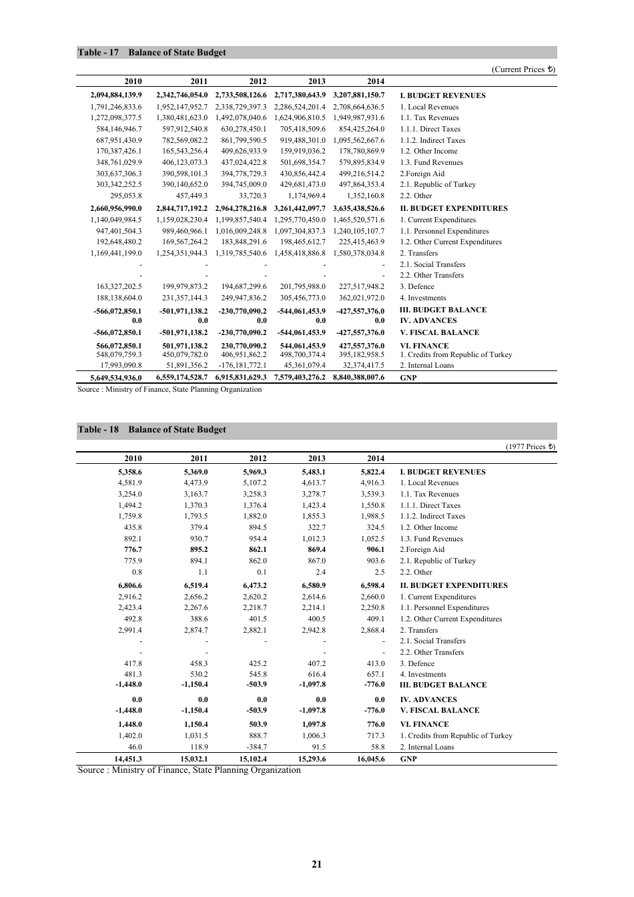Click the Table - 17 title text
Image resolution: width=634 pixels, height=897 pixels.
(151, 53)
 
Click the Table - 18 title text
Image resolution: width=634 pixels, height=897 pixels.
(151, 430)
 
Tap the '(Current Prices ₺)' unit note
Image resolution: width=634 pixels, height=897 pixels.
(523, 69)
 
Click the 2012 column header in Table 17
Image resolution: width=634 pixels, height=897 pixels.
(258, 81)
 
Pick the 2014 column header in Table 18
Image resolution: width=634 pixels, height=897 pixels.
(376, 459)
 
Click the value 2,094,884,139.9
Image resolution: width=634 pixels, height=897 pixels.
(116, 95)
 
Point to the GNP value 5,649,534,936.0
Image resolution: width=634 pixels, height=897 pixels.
(116, 378)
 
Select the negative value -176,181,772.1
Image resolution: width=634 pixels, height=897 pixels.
(242, 365)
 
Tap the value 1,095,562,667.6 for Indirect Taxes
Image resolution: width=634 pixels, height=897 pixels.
(359, 140)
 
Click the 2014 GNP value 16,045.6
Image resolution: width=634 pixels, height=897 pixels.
(371, 759)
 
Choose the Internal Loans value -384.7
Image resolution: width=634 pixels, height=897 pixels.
(257, 747)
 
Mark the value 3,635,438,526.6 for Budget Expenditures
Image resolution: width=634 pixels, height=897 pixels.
(359, 208)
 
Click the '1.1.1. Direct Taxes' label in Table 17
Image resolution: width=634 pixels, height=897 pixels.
(430, 129)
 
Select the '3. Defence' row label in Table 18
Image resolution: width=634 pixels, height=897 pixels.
(417, 663)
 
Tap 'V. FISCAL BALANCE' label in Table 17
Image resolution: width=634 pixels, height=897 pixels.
(439, 332)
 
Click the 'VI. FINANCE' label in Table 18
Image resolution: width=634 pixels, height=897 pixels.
(424, 724)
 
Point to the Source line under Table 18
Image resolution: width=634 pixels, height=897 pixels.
(189, 770)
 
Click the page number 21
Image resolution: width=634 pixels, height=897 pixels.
(316, 864)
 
